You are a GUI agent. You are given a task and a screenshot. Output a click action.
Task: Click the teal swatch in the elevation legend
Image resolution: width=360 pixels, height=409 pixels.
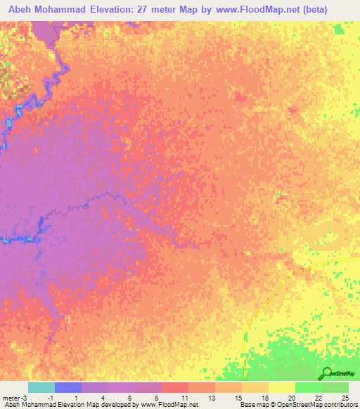(41, 387)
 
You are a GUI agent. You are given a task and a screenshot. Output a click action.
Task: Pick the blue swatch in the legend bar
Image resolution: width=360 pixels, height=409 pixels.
(68, 387)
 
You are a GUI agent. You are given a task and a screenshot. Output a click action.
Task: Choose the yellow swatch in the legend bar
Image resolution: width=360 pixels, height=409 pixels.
(282, 387)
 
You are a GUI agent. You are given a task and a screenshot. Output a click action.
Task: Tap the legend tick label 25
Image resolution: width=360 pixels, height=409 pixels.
(344, 398)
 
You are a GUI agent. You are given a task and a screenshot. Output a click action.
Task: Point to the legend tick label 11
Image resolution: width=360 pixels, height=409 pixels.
(185, 398)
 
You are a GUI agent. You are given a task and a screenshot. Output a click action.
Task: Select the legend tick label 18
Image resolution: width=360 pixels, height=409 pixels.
(264, 398)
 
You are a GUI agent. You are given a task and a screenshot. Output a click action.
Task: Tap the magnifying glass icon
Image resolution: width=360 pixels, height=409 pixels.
(327, 374)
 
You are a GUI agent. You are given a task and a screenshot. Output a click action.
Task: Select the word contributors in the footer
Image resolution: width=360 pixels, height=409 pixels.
(337, 405)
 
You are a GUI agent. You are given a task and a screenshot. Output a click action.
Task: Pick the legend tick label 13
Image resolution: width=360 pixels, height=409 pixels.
(212, 398)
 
